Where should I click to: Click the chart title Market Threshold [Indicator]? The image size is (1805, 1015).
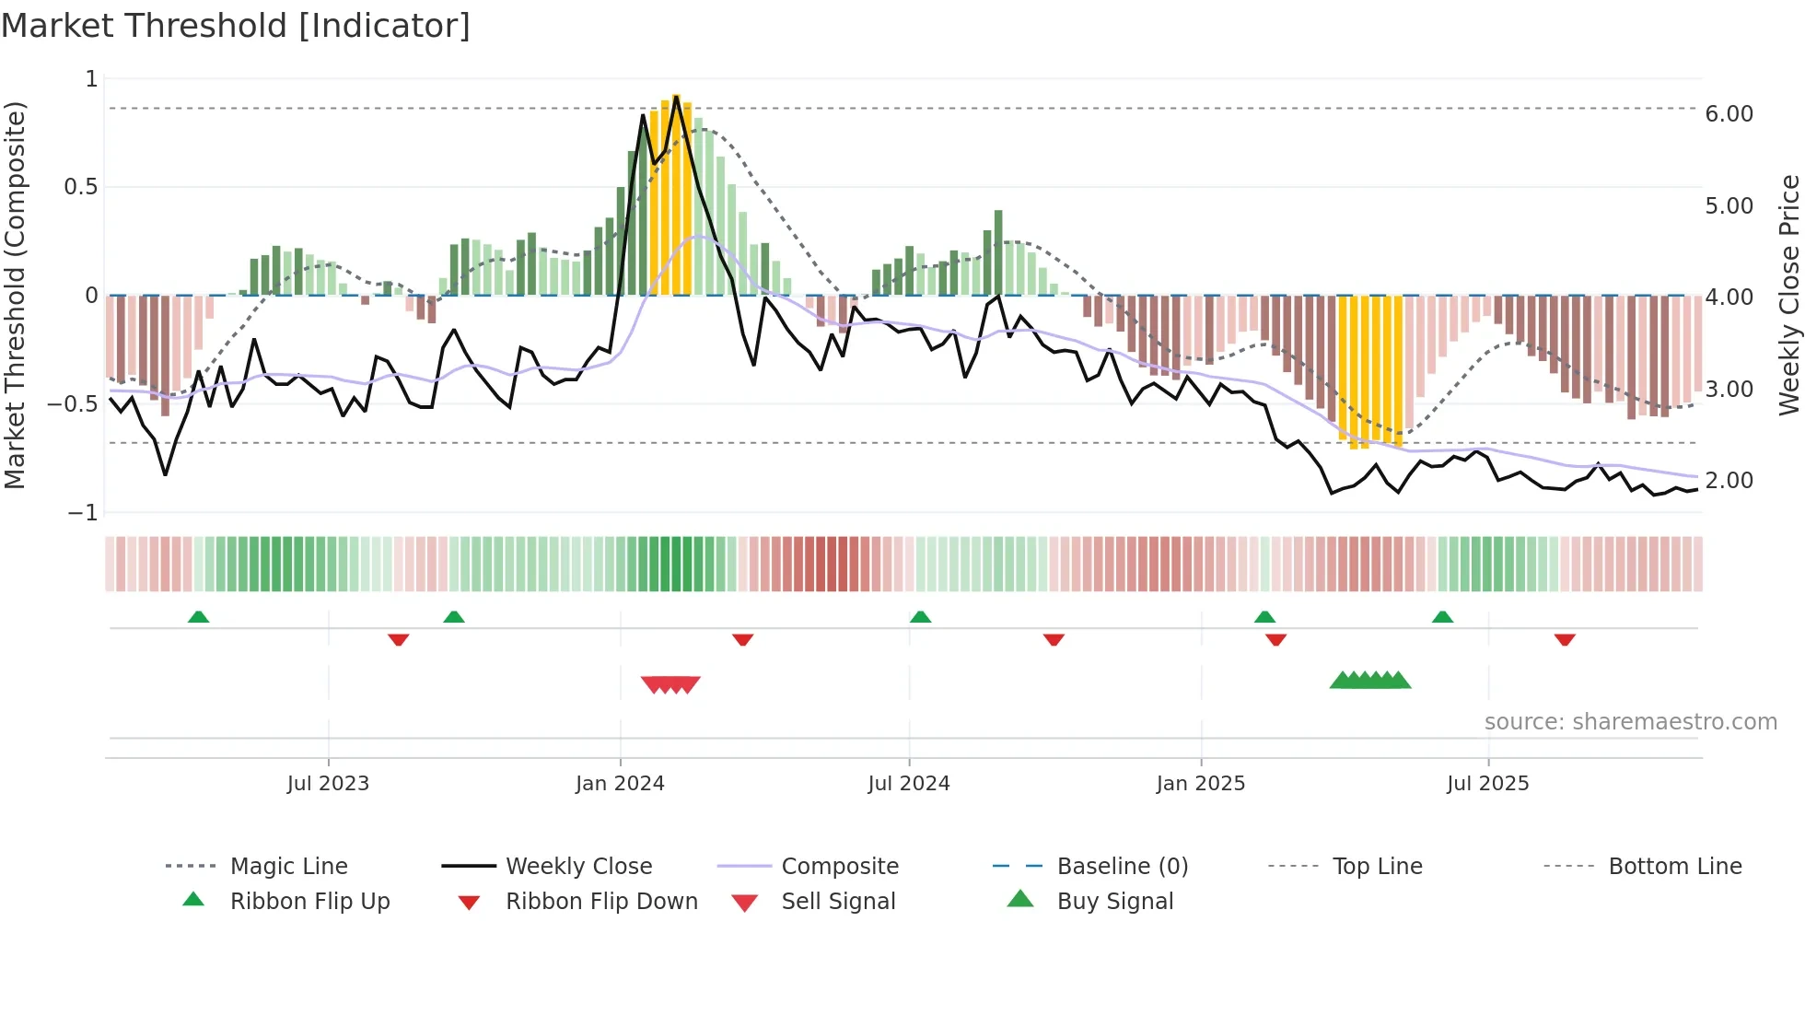(x=236, y=26)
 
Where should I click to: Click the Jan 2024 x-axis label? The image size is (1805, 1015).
(x=620, y=784)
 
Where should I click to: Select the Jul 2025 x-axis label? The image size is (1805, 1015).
(x=1487, y=784)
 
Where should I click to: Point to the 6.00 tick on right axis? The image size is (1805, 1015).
(x=1729, y=114)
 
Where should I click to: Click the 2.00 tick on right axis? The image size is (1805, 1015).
(x=1729, y=481)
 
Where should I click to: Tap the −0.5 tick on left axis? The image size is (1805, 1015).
(x=72, y=404)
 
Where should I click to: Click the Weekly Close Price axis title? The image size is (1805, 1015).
(x=1788, y=295)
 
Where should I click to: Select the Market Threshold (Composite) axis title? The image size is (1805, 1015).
(x=15, y=295)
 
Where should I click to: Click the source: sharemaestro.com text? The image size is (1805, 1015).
(x=1630, y=722)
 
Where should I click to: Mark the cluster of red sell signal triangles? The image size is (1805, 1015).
(x=670, y=684)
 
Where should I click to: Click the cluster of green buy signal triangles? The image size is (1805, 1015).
(x=1370, y=681)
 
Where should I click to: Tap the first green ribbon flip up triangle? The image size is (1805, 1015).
(x=198, y=617)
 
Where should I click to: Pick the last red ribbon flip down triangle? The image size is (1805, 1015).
(x=1565, y=639)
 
